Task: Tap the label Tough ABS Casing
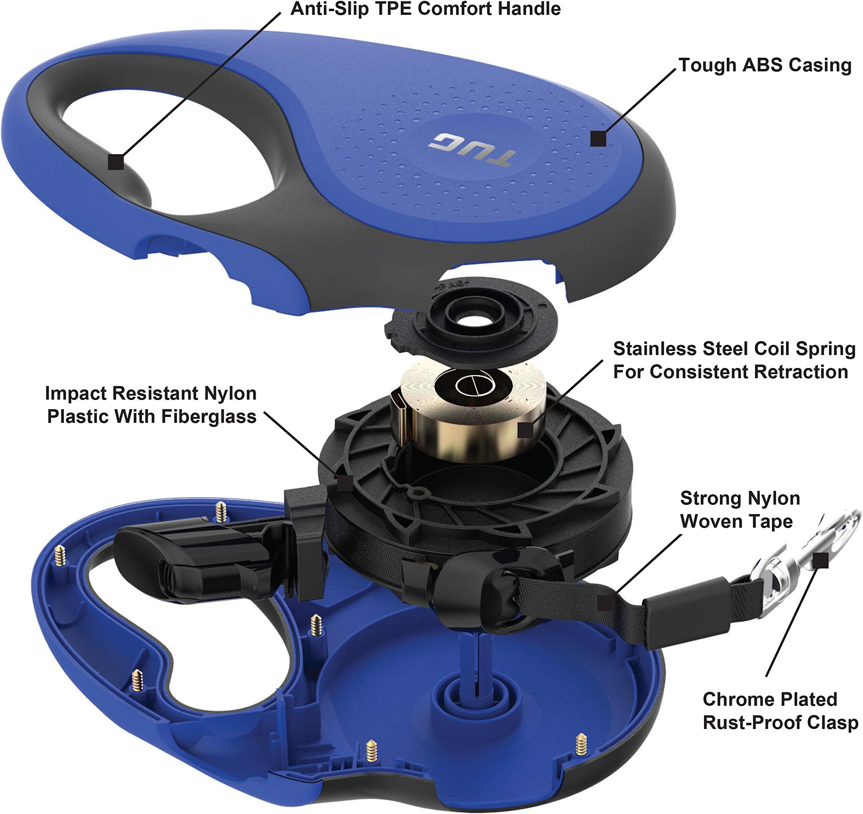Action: (x=765, y=65)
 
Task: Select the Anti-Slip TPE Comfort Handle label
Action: (x=426, y=9)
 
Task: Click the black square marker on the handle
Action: (x=116, y=162)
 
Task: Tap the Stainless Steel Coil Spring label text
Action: (x=734, y=360)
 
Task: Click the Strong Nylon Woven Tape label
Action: (x=740, y=509)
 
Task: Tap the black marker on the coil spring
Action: (x=525, y=430)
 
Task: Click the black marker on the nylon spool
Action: (x=345, y=483)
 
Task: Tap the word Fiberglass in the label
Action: (x=209, y=417)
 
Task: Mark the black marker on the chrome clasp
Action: (x=820, y=560)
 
